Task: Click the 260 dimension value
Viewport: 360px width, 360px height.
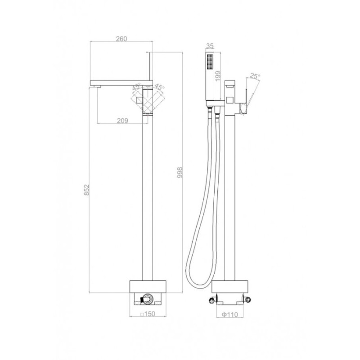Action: click(x=121, y=39)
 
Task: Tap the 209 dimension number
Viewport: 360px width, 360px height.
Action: click(x=122, y=121)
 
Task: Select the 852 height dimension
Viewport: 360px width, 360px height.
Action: click(x=87, y=189)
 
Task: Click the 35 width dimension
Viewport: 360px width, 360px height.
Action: click(x=210, y=46)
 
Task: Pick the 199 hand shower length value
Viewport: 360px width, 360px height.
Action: click(x=218, y=76)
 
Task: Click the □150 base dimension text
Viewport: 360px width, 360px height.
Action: click(x=148, y=314)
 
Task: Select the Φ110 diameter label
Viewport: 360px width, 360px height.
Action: click(x=230, y=314)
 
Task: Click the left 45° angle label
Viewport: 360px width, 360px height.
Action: click(x=136, y=87)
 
